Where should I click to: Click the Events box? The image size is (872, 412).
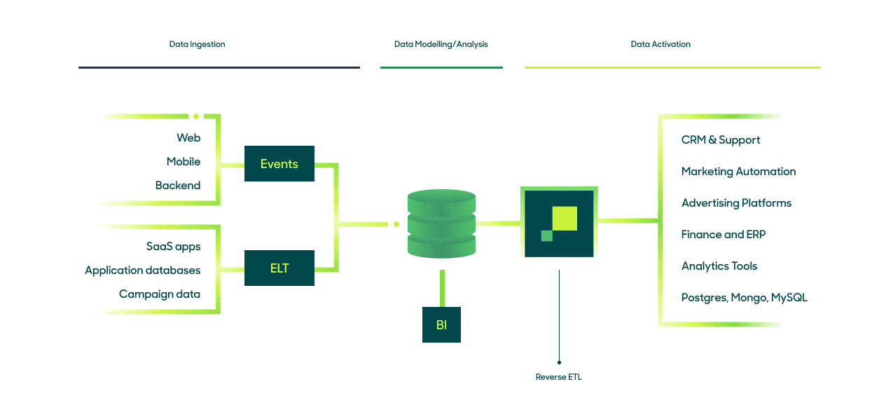point(279,164)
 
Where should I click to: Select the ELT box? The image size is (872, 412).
point(279,268)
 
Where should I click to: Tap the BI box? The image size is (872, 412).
point(441,324)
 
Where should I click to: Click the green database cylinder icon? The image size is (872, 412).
point(441,224)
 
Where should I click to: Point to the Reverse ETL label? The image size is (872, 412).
point(558,377)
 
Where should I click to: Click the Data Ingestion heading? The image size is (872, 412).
point(198,44)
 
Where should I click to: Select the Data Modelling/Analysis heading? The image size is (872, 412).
point(441,44)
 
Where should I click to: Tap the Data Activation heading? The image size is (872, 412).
point(660,44)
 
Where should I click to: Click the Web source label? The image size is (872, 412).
point(188,138)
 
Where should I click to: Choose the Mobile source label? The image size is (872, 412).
point(184,162)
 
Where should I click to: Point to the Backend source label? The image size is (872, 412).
point(178,186)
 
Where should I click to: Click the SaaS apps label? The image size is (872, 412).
point(173,247)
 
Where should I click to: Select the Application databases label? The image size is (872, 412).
point(143,270)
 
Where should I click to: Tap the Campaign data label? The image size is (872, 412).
point(160,294)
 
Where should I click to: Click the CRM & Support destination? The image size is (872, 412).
point(721,140)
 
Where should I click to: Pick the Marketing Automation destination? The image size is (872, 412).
point(738,172)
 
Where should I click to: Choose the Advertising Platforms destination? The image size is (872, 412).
point(736,203)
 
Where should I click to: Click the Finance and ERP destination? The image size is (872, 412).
point(724,235)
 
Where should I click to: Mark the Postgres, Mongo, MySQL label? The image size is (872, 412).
point(744,298)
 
